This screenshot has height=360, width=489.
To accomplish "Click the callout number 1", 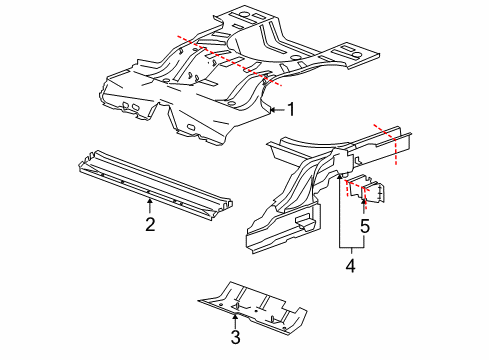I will coord(291,110).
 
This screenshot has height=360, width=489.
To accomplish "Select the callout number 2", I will coord(149,224).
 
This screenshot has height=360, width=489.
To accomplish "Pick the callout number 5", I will coord(365,228).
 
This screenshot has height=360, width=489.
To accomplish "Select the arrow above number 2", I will coord(149,204).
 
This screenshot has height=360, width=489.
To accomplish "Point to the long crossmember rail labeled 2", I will coord(150,180).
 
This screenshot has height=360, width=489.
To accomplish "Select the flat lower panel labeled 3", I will coord(250,305).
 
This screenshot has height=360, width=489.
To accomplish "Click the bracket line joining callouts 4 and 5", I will coord(350,246).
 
